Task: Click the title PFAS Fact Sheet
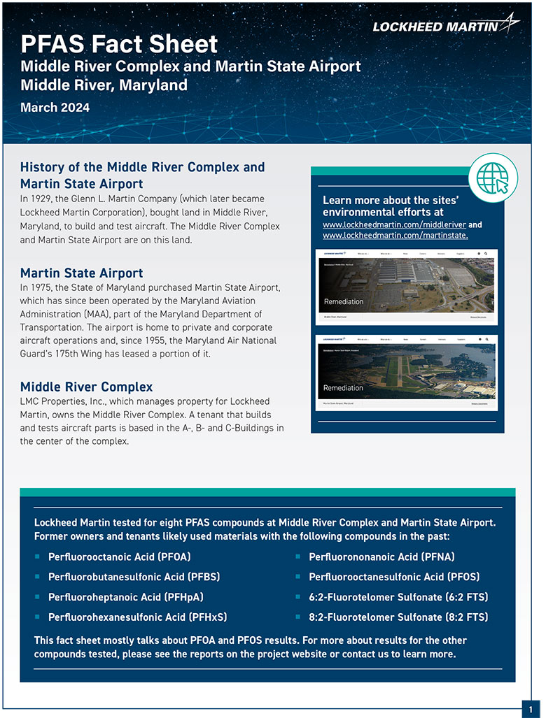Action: (119, 44)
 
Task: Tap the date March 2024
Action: (55, 108)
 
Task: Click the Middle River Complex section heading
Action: (86, 387)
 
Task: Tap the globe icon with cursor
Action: (493, 174)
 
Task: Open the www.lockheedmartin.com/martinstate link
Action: (395, 236)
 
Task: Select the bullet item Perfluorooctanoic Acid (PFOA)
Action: (119, 557)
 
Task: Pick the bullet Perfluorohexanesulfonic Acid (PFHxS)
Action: (137, 617)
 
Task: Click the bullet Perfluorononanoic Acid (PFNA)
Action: (381, 557)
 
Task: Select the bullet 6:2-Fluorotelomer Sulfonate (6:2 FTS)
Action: (398, 597)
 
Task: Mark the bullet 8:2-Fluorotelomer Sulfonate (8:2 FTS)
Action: (398, 617)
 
